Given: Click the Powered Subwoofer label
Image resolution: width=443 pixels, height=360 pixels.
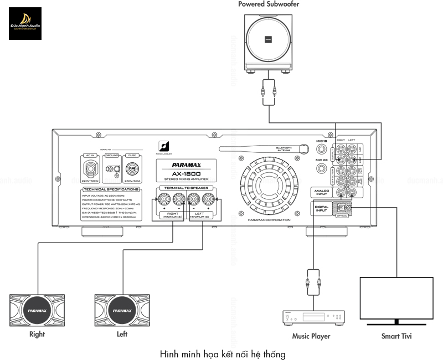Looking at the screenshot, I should [x=269, y=4].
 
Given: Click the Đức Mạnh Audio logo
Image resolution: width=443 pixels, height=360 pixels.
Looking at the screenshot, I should [x=25, y=23].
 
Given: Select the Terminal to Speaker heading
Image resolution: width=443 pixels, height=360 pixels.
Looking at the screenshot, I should [x=186, y=188].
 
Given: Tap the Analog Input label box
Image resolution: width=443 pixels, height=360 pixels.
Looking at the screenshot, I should [x=321, y=192].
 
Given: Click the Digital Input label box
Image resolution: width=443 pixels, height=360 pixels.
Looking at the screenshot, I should [x=321, y=208].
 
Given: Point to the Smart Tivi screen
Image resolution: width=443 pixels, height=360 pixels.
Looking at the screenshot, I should [x=396, y=297].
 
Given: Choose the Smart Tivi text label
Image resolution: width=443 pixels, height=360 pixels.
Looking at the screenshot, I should [x=396, y=336].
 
